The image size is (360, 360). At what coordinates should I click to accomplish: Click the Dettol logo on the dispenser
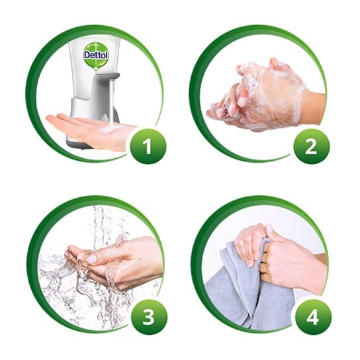96,55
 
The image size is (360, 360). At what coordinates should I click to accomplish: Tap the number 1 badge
148,146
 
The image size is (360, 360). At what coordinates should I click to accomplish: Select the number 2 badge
311,146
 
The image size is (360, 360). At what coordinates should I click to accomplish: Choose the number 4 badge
313,317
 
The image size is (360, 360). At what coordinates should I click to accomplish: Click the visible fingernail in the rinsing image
92,259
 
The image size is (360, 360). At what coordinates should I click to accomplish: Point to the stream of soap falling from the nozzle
112,103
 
